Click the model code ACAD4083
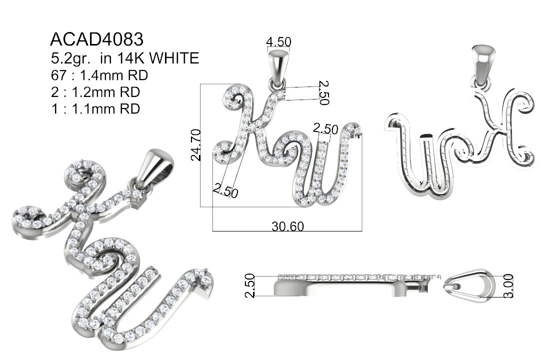click(x=97, y=39)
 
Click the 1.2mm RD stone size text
click(x=105, y=92)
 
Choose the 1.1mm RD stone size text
click(x=105, y=108)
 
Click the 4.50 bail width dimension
click(x=278, y=42)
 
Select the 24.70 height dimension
click(x=196, y=145)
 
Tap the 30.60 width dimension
click(x=288, y=226)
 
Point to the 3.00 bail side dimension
click(x=508, y=285)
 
